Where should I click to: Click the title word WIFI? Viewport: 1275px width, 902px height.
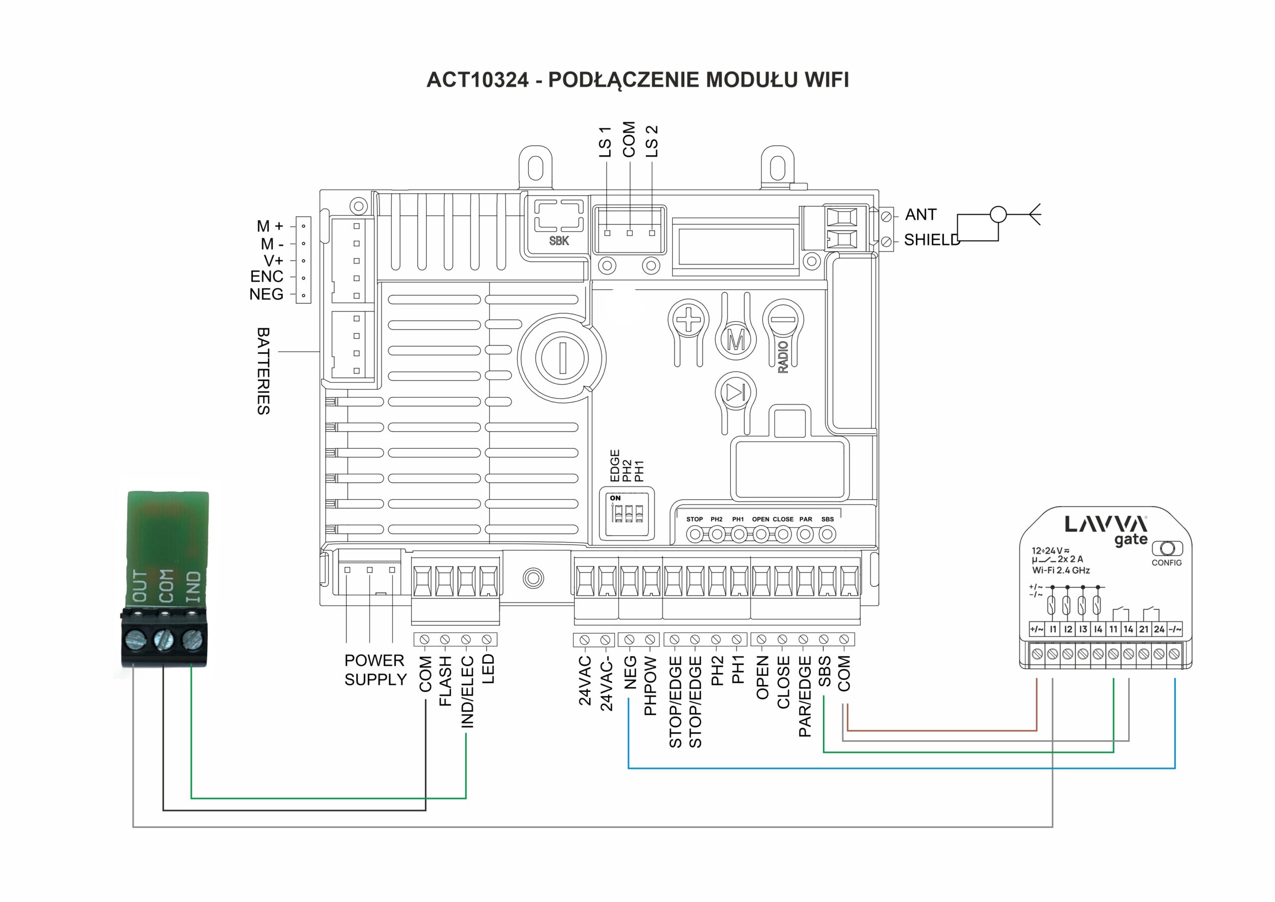tap(826, 79)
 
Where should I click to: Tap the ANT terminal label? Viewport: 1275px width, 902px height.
tap(920, 214)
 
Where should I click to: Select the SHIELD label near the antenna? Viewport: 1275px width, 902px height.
tap(931, 240)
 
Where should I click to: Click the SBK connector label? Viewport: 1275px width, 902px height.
tap(559, 241)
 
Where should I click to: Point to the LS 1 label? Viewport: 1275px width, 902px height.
tap(605, 141)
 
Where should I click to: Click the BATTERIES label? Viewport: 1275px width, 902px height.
tap(263, 371)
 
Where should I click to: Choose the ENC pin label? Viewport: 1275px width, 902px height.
tap(266, 276)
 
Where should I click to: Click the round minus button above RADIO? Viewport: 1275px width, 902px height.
tap(783, 319)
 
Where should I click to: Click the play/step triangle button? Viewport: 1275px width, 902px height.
tap(735, 392)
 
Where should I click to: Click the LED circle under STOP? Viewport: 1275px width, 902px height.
tap(694, 534)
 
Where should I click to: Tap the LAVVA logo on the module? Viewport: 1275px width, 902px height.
tap(1106, 524)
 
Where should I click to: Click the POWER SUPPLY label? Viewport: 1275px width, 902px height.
tap(375, 670)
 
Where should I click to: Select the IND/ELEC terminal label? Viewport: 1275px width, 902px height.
tap(468, 691)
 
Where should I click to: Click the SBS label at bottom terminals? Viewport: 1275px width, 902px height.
tap(825, 671)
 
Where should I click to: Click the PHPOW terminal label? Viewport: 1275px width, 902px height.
tap(650, 686)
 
